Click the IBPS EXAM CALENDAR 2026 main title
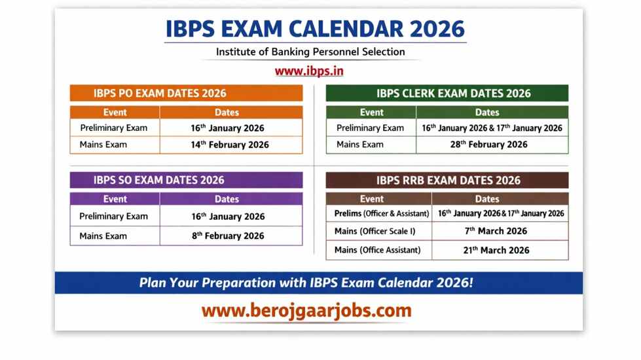point(315,29)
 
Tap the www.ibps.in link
point(309,71)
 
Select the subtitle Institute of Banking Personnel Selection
point(310,52)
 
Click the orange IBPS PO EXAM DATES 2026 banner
point(186,93)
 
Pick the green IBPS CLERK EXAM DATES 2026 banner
point(447,93)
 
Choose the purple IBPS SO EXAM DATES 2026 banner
point(186,180)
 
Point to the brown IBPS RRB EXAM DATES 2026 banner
point(447,180)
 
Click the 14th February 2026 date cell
point(230,145)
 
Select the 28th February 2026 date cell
point(488,145)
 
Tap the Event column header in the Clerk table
point(372,113)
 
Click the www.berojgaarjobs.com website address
point(306,310)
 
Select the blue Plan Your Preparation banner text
point(306,283)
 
